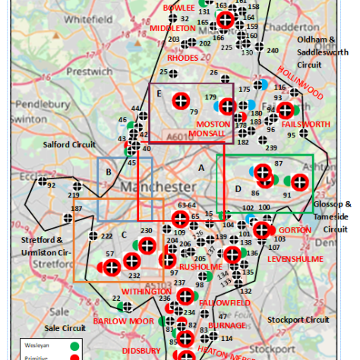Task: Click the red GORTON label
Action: [x=295, y=229]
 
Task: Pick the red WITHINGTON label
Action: [x=147, y=292]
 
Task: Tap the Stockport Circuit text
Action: [x=300, y=320]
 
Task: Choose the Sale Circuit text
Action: [x=64, y=328]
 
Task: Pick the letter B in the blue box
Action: [x=109, y=172]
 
